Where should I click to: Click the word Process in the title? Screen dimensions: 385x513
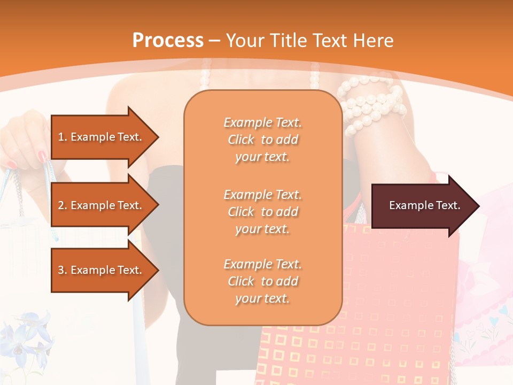[x=168, y=40]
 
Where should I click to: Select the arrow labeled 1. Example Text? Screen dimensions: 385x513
[x=102, y=137]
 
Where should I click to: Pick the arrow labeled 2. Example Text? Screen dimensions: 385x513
[x=102, y=205]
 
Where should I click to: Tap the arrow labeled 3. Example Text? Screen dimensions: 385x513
[x=102, y=270]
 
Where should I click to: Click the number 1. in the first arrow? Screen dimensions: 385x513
[x=63, y=137]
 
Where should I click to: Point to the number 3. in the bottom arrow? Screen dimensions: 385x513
[x=63, y=270]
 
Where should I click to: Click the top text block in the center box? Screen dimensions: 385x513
[x=262, y=140]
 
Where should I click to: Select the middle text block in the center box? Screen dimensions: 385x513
[x=262, y=212]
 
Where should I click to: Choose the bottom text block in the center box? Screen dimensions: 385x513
[x=262, y=281]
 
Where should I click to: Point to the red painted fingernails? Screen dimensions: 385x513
[x=42, y=157]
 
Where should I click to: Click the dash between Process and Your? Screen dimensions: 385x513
[x=214, y=40]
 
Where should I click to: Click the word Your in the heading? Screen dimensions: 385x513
[x=245, y=40]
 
